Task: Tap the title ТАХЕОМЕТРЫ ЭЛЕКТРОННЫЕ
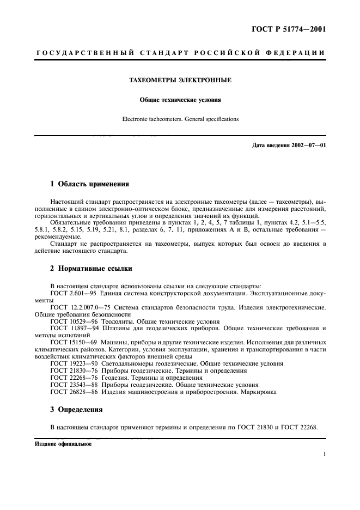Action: (180, 80)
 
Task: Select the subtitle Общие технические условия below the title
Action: (180, 100)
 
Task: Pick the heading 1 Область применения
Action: (90, 185)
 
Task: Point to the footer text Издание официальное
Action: (63, 444)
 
